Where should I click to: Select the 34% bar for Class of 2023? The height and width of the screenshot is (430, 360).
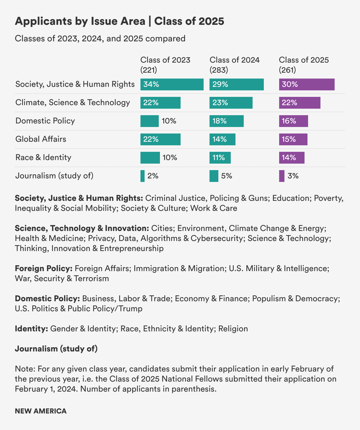[x=172, y=84]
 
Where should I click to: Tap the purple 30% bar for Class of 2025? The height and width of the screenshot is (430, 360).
[x=307, y=84]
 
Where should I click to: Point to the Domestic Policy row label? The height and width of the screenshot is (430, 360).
[x=45, y=121]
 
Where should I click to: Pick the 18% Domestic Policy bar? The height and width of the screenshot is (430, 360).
[x=226, y=121]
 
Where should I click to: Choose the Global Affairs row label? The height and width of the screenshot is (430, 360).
[x=41, y=139]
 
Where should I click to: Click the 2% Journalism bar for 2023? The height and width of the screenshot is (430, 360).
[x=143, y=176]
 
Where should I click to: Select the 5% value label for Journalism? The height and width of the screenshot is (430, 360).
[x=227, y=176]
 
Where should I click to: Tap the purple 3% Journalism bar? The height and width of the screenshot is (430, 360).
[x=282, y=176]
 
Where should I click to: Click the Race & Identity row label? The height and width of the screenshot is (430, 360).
[x=43, y=157]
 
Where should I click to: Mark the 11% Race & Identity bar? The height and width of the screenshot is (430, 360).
[x=220, y=158]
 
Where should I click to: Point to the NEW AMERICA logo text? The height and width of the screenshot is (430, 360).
[x=41, y=411]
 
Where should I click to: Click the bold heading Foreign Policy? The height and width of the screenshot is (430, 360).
[x=44, y=268]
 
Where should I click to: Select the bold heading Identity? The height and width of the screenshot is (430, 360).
[x=32, y=329]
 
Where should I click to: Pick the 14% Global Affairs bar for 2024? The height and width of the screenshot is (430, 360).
[x=222, y=139]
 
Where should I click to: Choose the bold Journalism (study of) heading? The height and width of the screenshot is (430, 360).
[x=56, y=349]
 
